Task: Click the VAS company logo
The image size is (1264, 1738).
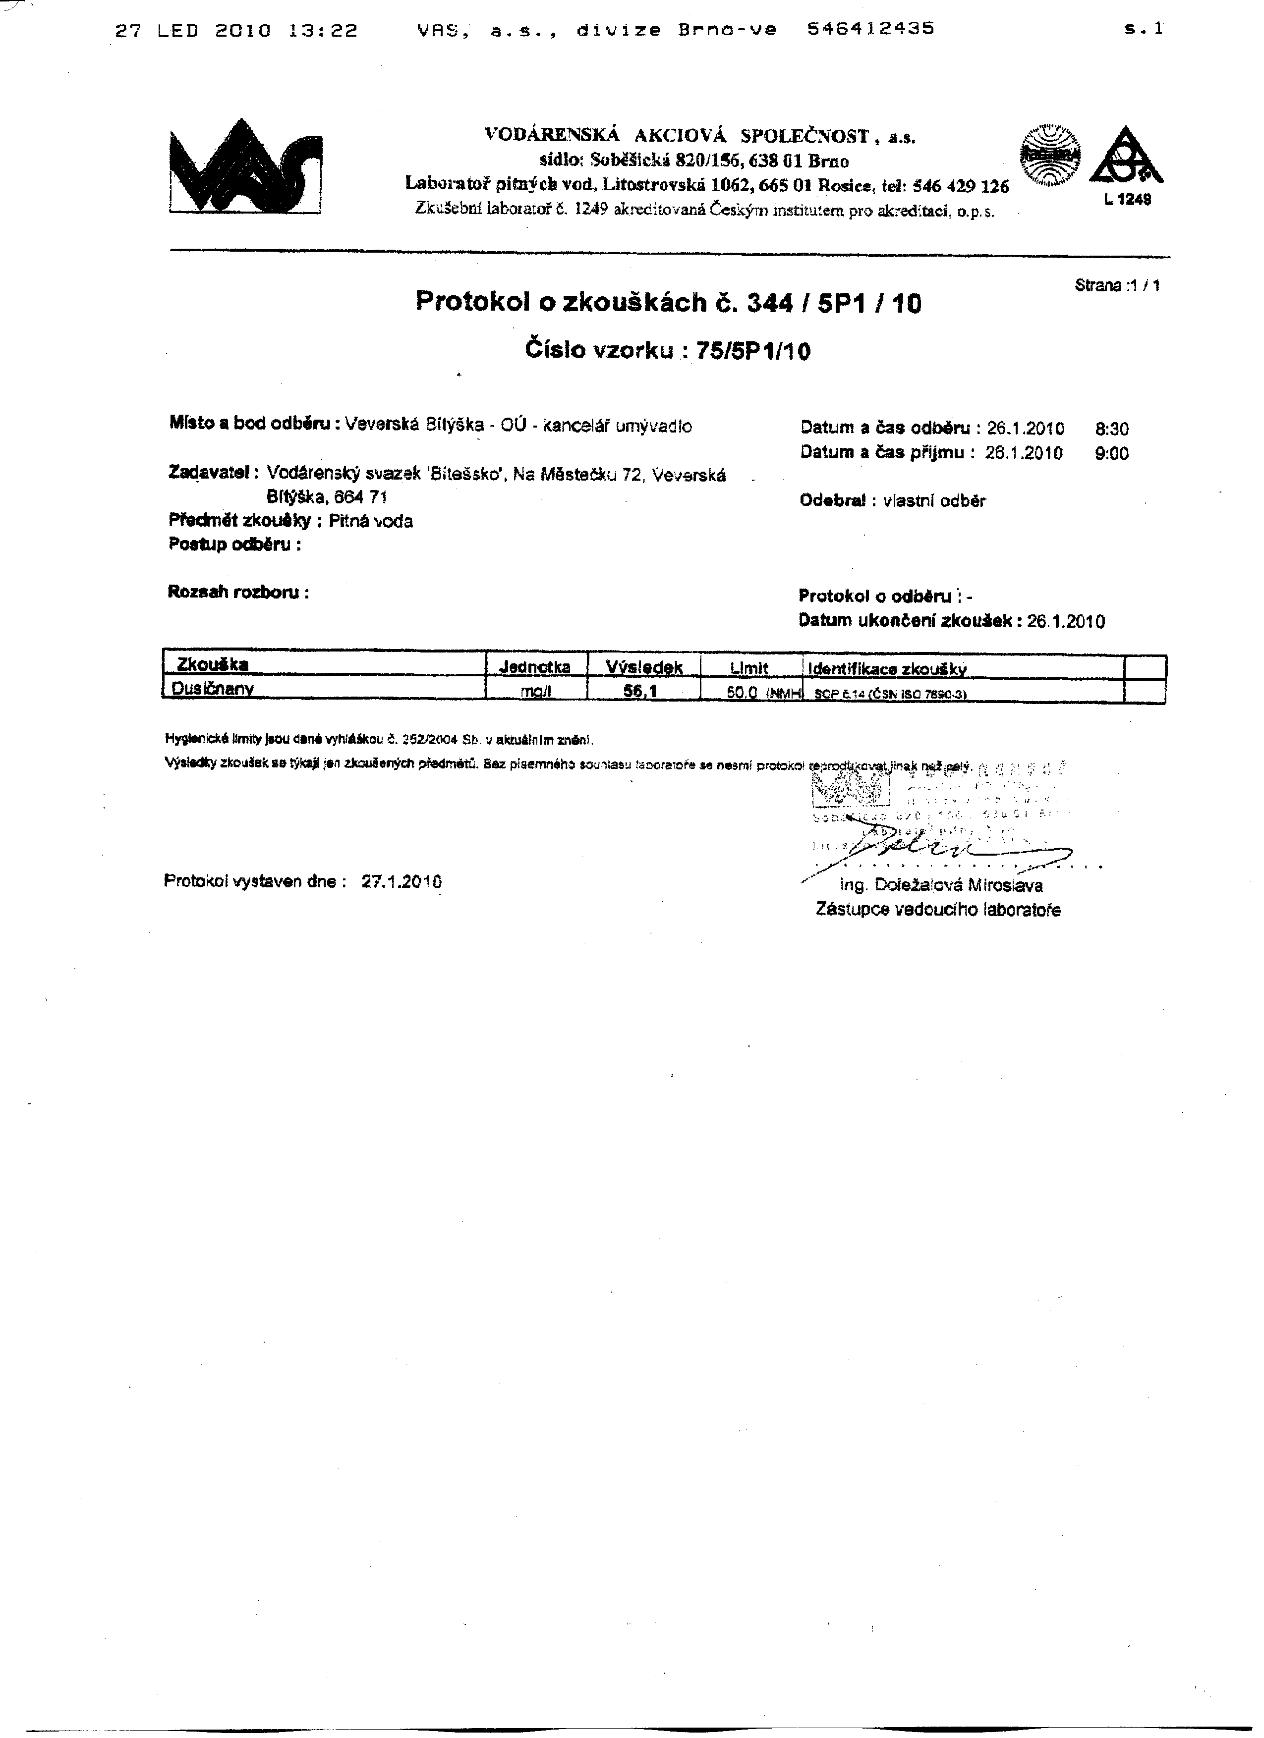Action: coord(245,167)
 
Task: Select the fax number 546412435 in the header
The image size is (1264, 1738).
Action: coord(871,29)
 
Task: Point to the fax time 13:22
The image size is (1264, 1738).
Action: coord(324,31)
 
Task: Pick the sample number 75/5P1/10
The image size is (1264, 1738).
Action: coord(752,351)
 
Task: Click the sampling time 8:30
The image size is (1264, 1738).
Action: coord(1111,429)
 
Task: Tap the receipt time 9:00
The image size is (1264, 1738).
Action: coord(1111,454)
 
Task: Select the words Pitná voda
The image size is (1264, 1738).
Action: coord(370,522)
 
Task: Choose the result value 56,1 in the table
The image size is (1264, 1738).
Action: coord(642,691)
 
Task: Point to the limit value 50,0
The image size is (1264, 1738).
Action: coord(741,692)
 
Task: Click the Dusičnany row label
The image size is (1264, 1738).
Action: coord(212,690)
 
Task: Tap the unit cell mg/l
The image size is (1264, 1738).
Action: coord(536,691)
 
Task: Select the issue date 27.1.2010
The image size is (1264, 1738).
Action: coord(401,881)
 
